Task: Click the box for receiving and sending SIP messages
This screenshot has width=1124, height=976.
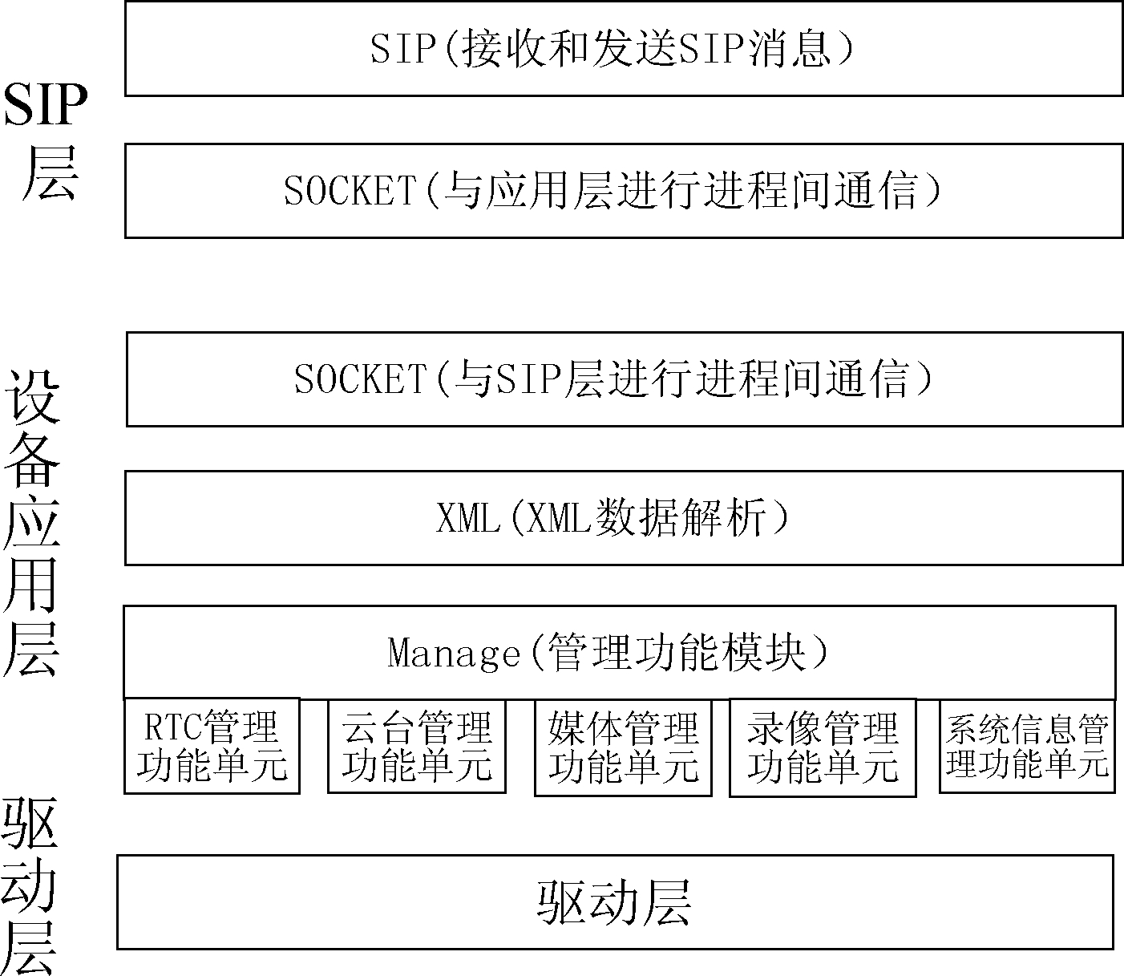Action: [624, 48]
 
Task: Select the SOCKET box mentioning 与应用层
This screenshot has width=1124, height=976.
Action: [624, 191]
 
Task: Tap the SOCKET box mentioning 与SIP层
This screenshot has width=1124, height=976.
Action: [625, 379]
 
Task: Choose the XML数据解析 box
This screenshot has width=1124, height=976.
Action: [624, 518]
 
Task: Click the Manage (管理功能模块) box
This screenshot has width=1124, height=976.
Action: [620, 652]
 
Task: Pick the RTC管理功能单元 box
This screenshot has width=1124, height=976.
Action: [212, 746]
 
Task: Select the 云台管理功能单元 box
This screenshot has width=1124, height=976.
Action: [416, 746]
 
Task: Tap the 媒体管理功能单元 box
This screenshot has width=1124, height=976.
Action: [623, 747]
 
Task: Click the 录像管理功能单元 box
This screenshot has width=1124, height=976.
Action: [823, 747]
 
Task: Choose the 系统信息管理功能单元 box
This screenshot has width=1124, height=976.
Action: [1027, 746]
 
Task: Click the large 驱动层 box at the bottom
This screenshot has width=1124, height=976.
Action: [615, 901]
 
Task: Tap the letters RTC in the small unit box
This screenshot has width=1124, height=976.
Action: [172, 727]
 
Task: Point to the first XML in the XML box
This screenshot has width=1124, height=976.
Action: [468, 518]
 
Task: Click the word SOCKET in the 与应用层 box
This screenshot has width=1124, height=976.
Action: [350, 191]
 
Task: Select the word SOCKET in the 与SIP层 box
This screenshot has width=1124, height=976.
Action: [361, 379]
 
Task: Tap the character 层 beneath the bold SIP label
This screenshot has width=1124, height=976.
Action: [51, 173]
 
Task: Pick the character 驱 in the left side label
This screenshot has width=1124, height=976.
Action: [30, 824]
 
